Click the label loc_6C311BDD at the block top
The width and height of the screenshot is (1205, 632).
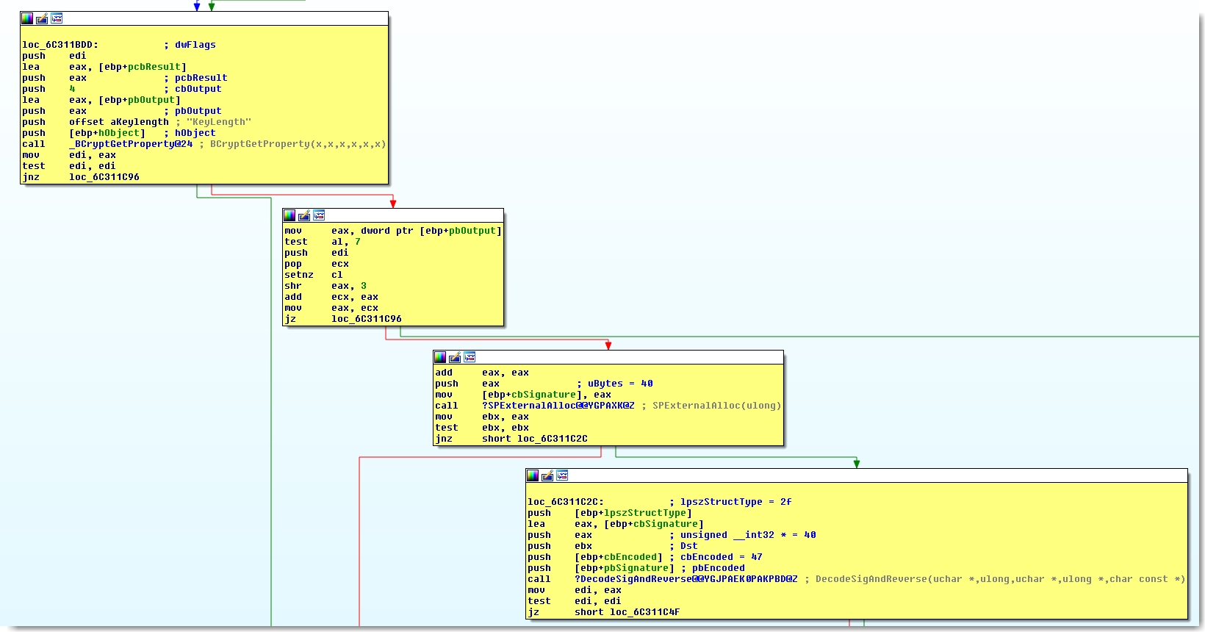[x=60, y=45]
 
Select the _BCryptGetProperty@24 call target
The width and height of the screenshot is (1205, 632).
[x=131, y=144]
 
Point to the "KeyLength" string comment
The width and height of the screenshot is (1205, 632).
[x=219, y=122]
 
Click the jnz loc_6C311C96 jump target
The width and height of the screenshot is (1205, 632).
[x=104, y=177]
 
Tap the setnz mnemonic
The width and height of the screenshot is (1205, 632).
[x=299, y=275]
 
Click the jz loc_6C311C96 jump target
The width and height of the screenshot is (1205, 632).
[x=367, y=319]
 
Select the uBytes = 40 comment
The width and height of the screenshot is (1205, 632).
[x=620, y=384]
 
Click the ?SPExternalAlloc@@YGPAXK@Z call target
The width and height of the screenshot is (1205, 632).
[x=558, y=406]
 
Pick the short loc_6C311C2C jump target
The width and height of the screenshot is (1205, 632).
[x=535, y=439]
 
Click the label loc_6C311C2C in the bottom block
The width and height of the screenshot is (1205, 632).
[x=565, y=502]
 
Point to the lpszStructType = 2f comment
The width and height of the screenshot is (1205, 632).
[x=736, y=502]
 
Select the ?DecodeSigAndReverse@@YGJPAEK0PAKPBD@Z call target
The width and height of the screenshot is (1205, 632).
[x=686, y=579]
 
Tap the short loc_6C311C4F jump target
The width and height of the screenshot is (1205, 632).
[x=627, y=612]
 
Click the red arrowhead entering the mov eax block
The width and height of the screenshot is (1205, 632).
[x=393, y=204]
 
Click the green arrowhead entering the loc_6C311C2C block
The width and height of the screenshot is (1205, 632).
[x=857, y=464]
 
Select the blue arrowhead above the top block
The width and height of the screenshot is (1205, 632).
[x=197, y=7]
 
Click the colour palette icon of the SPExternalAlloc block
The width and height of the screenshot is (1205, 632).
[x=440, y=357]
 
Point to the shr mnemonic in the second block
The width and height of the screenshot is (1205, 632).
[x=293, y=286]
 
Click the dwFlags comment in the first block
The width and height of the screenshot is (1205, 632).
[x=195, y=45]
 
